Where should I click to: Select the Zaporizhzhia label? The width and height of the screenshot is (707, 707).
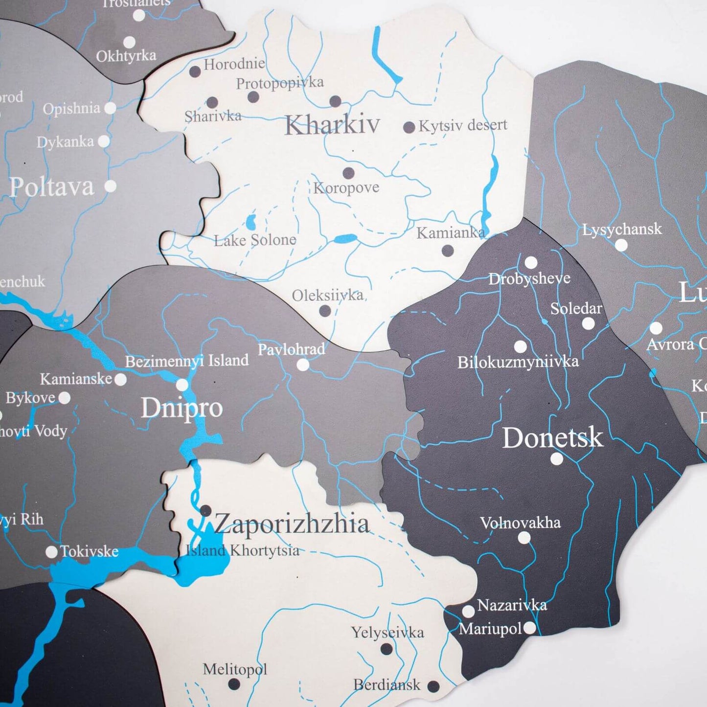point(292,524)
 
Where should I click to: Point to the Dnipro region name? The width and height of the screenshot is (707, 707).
point(182,408)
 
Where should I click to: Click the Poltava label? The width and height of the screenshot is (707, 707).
point(51,187)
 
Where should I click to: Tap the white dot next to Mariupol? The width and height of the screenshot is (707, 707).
point(529,628)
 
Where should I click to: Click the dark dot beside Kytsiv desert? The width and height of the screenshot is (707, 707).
point(409,128)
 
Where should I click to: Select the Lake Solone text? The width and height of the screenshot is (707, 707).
point(255,240)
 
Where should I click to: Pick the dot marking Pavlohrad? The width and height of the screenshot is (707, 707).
point(303,365)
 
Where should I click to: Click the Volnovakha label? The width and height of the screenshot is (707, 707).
point(520,523)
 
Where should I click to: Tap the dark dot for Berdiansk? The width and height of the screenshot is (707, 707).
point(433,686)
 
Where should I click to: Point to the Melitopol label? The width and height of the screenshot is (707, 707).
point(235,669)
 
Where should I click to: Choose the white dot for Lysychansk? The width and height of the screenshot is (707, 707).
point(621,245)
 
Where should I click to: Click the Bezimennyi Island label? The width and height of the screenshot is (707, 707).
point(187,361)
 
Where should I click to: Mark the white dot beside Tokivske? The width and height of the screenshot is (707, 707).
point(51,552)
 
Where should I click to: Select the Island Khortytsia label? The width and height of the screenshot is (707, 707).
point(243,550)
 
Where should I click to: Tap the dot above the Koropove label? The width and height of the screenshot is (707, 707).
point(348,173)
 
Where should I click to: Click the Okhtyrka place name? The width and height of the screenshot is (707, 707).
point(126,56)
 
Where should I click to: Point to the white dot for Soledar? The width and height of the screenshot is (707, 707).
point(588,323)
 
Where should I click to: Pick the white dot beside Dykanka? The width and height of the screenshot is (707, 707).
point(104,141)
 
